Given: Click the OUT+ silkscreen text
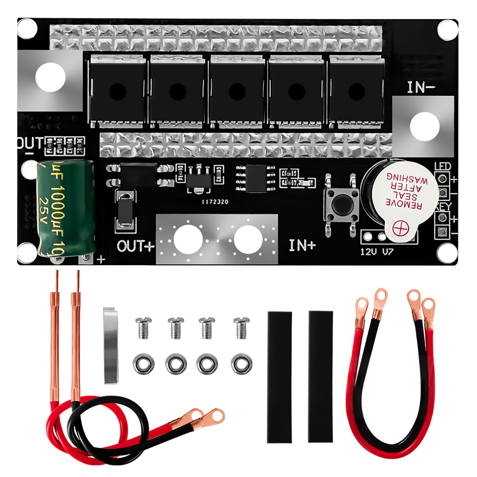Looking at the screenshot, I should click(135, 246).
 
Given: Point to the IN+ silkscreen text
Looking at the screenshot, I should click(302, 245).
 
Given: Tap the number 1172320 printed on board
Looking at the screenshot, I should click(215, 202).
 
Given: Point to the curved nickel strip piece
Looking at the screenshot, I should click(111, 345).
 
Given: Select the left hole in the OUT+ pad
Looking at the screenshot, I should click(188, 239).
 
